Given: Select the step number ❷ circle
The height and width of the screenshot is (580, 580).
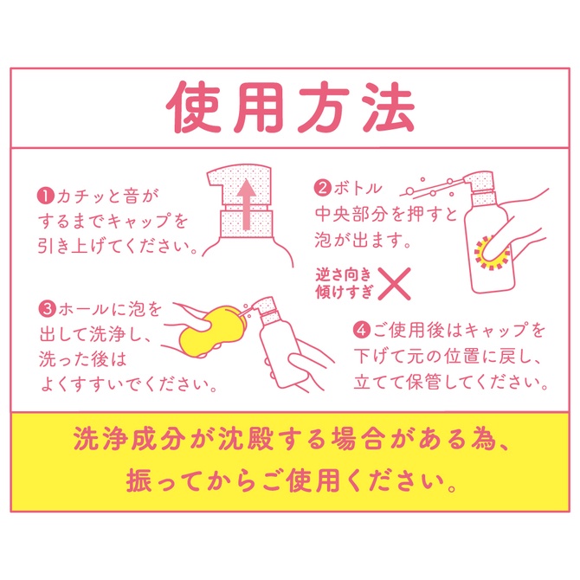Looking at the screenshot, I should (x=321, y=187).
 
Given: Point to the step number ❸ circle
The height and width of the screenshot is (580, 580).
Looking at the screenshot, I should (x=46, y=309).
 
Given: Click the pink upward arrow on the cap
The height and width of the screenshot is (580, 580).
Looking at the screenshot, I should (x=245, y=205).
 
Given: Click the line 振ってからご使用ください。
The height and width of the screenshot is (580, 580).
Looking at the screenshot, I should (x=290, y=479).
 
